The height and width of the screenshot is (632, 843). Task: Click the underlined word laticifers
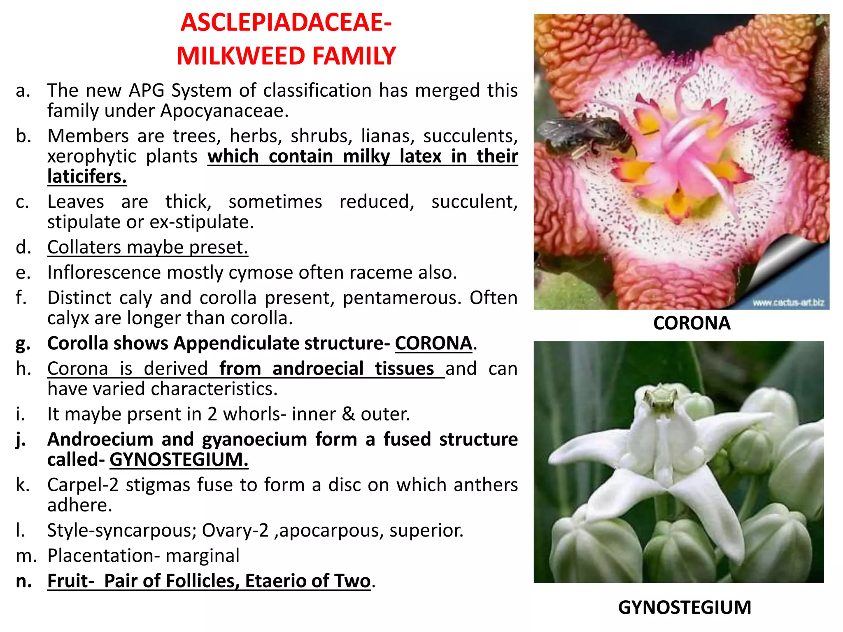pyautogui.click(x=87, y=177)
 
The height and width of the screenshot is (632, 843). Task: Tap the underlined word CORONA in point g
pyautogui.click(x=433, y=344)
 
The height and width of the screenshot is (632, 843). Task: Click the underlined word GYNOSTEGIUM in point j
pyautogui.click(x=179, y=460)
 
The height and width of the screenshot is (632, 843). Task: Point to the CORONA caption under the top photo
pyautogui.click(x=692, y=323)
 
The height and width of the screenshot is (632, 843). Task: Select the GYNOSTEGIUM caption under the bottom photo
pyautogui.click(x=685, y=607)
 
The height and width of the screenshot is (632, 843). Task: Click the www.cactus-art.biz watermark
pyautogui.click(x=788, y=303)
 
